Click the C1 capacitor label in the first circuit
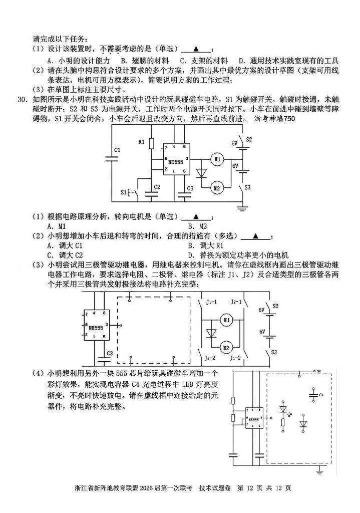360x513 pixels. tap(116, 150)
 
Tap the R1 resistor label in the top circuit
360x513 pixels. tap(142, 142)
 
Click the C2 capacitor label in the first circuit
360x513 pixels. tap(157, 186)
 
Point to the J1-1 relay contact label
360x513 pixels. tap(212, 302)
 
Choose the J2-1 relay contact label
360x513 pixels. tap(236, 302)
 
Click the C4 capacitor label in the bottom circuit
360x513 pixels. tap(322, 394)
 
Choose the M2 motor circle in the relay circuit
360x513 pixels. tap(226, 347)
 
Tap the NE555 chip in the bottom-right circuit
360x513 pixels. tap(254, 419)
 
